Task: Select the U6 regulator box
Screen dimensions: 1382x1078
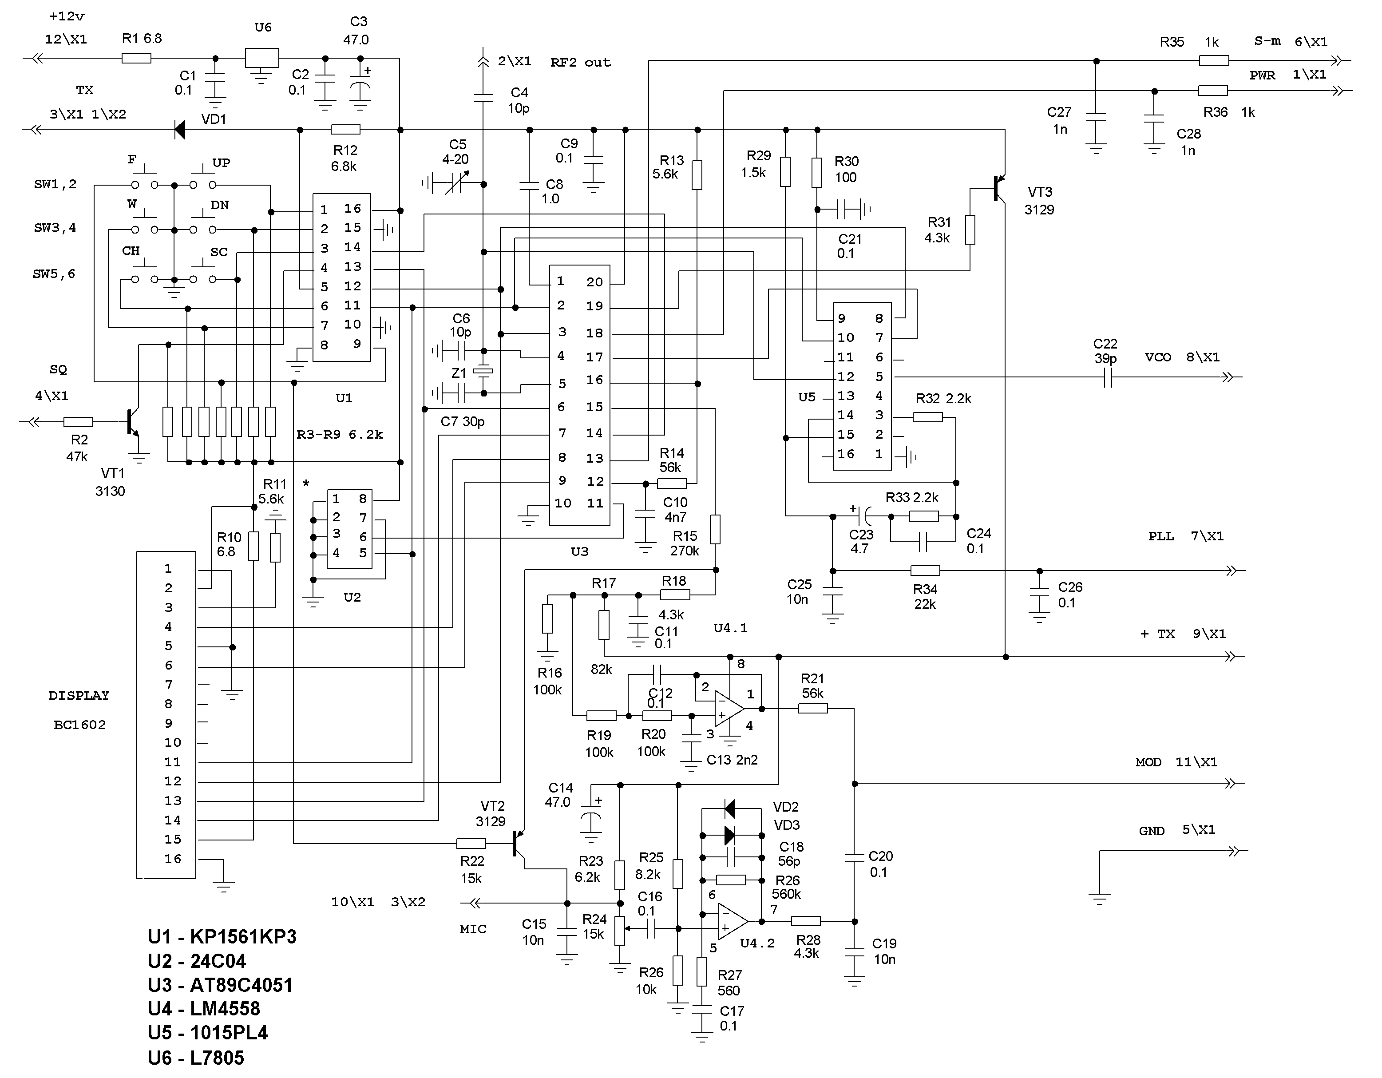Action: pos(261,58)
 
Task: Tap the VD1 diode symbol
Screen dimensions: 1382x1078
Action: pos(180,130)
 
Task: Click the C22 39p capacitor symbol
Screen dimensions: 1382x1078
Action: pos(1107,378)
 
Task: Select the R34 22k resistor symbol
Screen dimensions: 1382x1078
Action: pos(925,571)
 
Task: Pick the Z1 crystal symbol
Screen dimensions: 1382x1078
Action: pos(483,372)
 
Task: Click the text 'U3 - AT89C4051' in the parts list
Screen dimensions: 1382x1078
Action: pos(220,985)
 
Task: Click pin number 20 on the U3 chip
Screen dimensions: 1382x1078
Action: pos(594,282)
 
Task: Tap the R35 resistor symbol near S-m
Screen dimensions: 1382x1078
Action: pos(1214,61)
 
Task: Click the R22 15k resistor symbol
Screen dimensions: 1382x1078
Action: pos(471,843)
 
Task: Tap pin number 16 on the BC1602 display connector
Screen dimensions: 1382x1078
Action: pos(173,859)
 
